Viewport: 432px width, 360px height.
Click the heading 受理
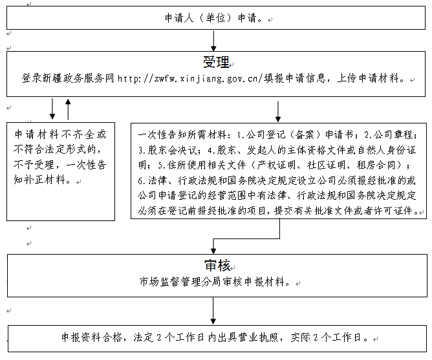pyautogui.click(x=216, y=62)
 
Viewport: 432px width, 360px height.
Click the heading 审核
pyautogui.click(x=217, y=266)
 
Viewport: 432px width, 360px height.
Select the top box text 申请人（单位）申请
pyautogui.click(x=211, y=18)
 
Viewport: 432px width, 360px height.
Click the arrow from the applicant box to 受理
pyautogui.click(x=213, y=41)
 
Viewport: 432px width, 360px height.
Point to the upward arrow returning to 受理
pyautogui.click(x=68, y=109)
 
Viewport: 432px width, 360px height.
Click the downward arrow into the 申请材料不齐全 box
pyautogui.click(x=52, y=109)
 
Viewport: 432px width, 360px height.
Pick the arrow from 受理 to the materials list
pyautogui.click(x=278, y=112)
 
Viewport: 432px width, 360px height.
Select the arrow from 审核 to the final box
pyautogui.click(x=213, y=311)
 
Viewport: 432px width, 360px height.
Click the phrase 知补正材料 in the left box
pyautogui.click(x=39, y=180)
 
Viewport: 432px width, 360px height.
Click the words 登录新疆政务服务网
pyautogui.click(x=68, y=79)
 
